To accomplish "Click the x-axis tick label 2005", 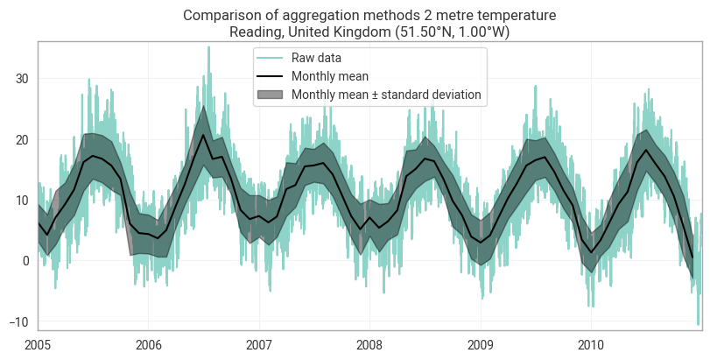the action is [38, 345].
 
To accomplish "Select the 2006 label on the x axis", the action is [149, 345].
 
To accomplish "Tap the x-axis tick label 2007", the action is [259, 345].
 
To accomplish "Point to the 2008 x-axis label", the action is [369, 345].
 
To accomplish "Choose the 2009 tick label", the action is [481, 345].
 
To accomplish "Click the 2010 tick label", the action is [591, 345].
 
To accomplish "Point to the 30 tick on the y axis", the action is [22, 79].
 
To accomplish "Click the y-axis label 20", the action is [22, 139].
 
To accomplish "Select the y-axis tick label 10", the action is [22, 201].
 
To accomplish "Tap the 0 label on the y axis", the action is [25, 261].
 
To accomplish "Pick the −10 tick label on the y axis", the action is [19, 321].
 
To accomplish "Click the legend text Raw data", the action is [316, 58].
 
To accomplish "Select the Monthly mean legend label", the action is [330, 76].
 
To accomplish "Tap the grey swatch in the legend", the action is [270, 95].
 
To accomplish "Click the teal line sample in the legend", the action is [270, 58].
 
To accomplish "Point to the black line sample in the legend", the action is [270, 76].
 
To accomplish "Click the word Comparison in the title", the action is [215, 16].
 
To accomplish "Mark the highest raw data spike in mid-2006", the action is [208, 47].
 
